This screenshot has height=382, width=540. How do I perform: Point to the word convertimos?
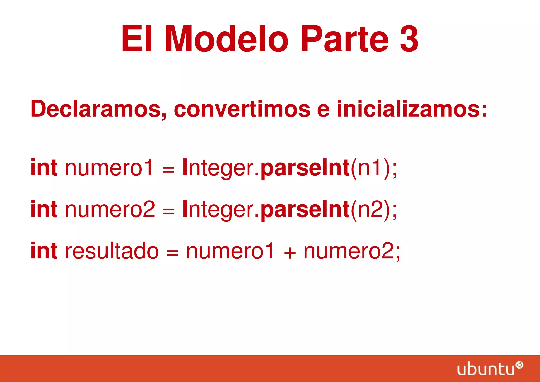point(242,109)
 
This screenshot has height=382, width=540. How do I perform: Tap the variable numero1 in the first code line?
point(109,168)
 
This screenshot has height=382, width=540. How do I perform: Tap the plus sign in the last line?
point(290,253)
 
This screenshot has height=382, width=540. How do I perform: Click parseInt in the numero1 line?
point(305,168)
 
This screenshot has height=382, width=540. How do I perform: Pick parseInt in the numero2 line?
point(305,210)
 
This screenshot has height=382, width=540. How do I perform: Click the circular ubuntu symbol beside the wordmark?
point(519,365)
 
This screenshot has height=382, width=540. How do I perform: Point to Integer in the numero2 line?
point(218,210)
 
